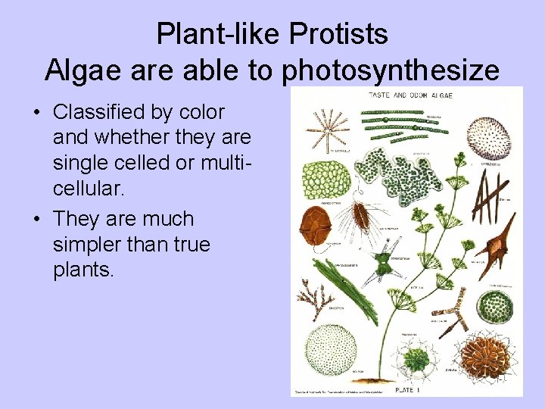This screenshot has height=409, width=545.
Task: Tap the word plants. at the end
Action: pos(83,271)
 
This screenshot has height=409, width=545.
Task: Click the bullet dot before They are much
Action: pos(37,220)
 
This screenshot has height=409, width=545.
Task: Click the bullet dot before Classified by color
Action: pos(37,113)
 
